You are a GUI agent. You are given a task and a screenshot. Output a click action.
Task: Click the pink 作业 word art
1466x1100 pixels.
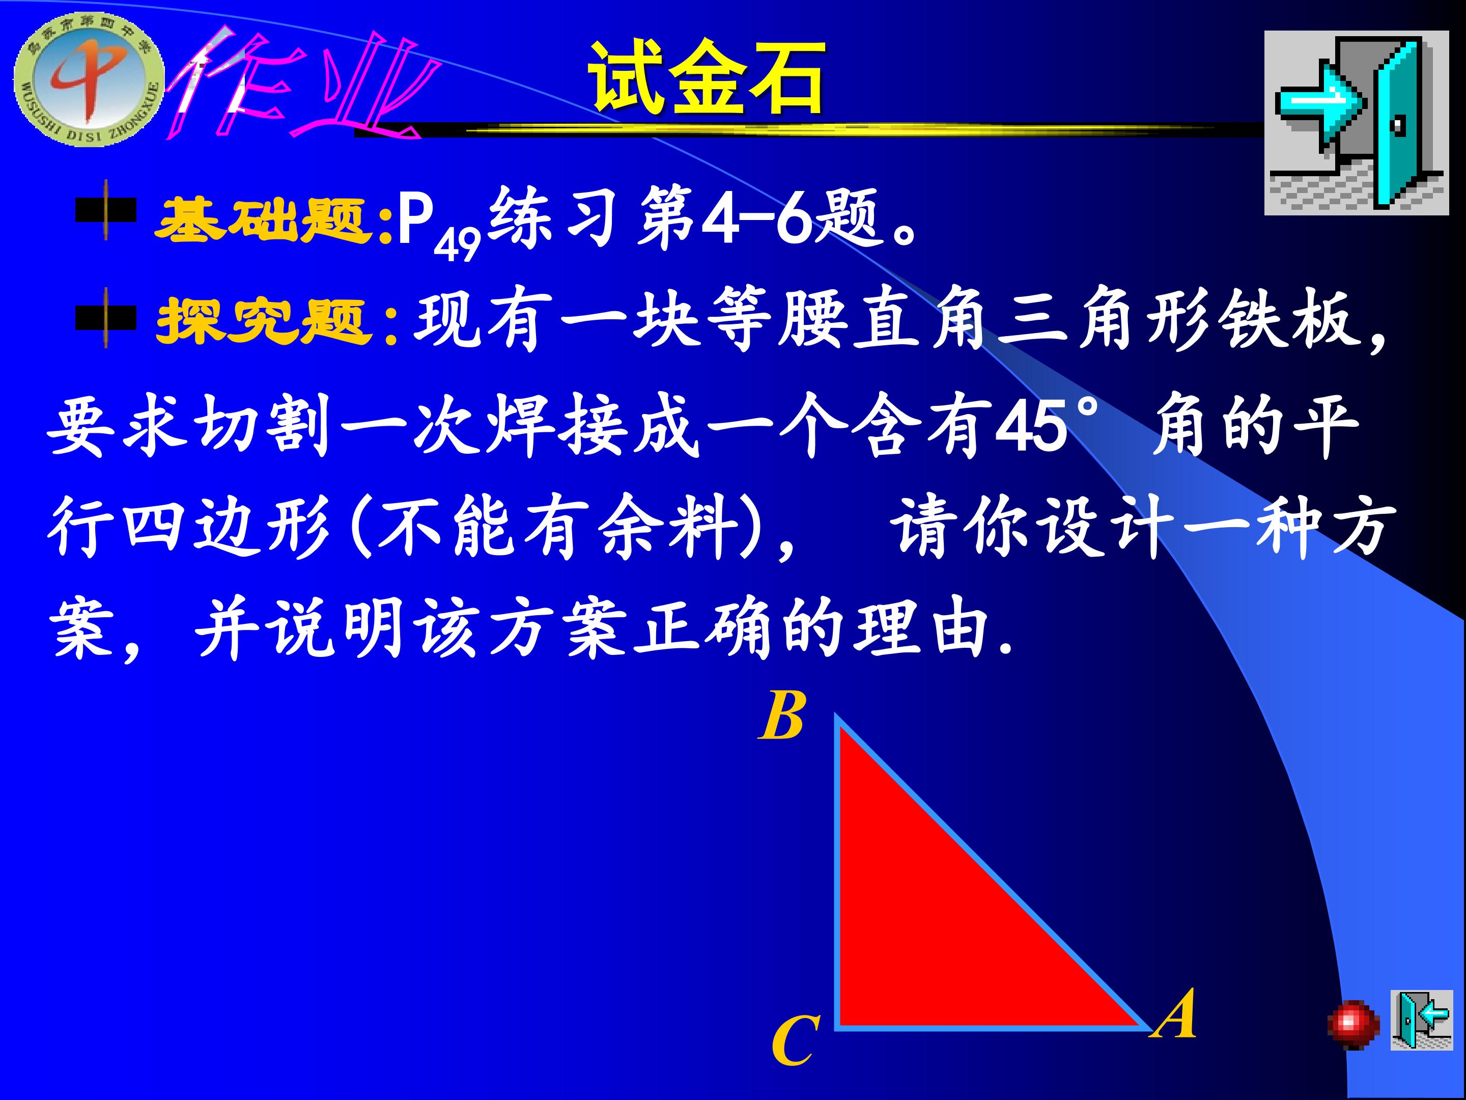pyautogui.click(x=298, y=83)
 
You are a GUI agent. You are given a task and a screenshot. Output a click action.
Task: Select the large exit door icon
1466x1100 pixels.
pyautogui.click(x=1356, y=123)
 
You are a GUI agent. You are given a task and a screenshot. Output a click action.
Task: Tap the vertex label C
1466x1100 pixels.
pyautogui.click(x=795, y=1040)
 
